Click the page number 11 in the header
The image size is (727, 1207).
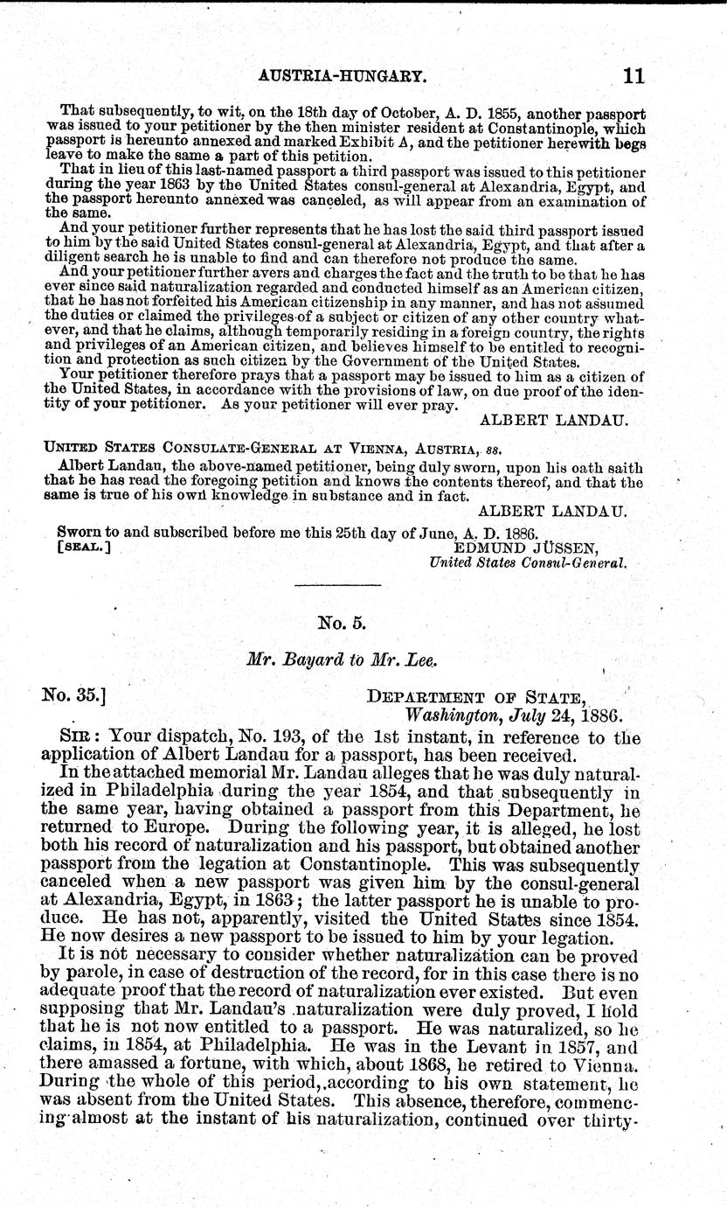(633, 76)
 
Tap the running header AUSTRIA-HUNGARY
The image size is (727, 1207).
(343, 77)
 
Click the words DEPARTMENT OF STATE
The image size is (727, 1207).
(476, 697)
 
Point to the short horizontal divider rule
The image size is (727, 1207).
(337, 584)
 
